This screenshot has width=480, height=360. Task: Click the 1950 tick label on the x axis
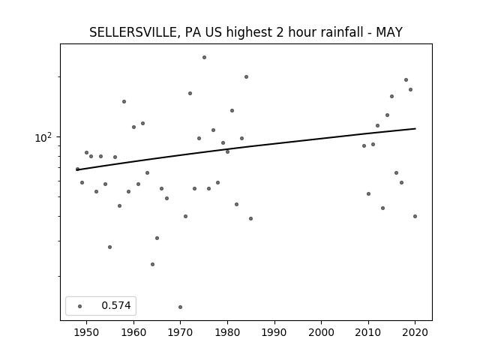coord(87,332)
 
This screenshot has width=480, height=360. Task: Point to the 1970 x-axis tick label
coord(180,332)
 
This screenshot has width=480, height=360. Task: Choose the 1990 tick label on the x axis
coord(274,332)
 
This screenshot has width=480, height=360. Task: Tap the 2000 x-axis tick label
coord(322,332)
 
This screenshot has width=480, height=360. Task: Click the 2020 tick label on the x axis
coord(415,332)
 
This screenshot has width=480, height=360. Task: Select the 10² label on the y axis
coord(43,137)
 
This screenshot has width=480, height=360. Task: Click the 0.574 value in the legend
coord(116,305)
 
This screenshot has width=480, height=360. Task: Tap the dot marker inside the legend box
coord(80,306)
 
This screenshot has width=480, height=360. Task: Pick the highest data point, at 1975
coord(204,58)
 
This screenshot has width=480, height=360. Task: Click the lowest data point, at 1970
coord(180,307)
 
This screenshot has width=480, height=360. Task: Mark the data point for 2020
coord(415,217)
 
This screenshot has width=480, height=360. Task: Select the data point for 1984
coord(247,76)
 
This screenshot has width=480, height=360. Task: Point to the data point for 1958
coord(124,102)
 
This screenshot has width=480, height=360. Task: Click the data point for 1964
coord(152,264)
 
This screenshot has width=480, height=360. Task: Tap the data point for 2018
coord(406,80)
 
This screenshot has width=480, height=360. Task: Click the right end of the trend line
coord(415,128)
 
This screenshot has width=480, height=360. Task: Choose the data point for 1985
coord(251,218)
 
